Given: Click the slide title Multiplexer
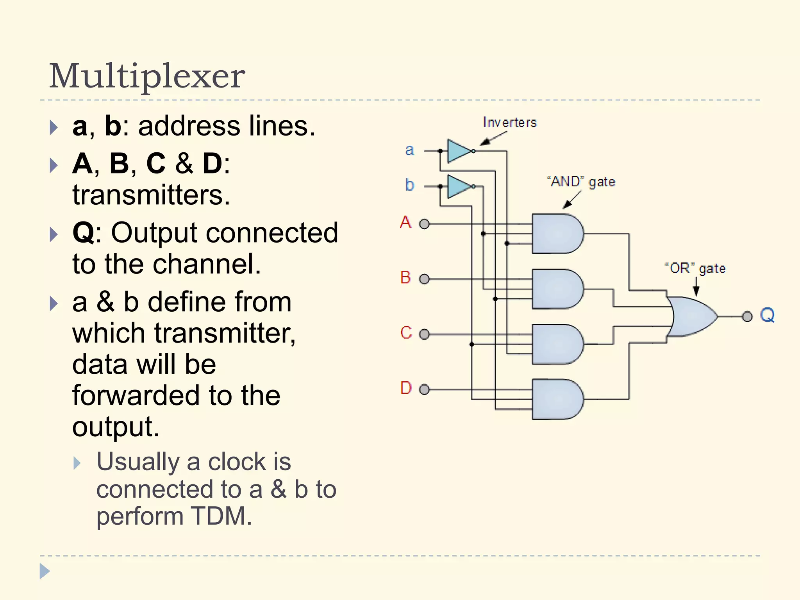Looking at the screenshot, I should [147, 76].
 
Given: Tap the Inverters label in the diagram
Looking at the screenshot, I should [510, 123].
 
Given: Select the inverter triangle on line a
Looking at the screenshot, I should [459, 151].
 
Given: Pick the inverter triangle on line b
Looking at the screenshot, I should [459, 186].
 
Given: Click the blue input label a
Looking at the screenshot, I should [409, 150].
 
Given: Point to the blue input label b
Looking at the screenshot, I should [409, 185].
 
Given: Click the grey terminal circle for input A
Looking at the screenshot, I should [424, 224].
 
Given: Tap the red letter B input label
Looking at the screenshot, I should [405, 278].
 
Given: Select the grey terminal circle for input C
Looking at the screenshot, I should [424, 334].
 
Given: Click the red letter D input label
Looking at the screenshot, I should [406, 388].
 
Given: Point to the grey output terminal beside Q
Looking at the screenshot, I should [747, 316].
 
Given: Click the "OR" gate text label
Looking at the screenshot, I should [695, 269].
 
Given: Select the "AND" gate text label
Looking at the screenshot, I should [581, 182].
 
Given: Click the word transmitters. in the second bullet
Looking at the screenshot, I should [151, 195].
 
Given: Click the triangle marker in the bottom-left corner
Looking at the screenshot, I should [45, 571].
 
